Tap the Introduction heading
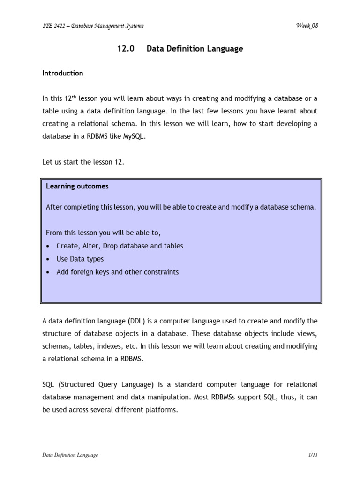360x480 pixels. pyautogui.click(x=62, y=73)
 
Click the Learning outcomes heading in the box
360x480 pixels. pyautogui.click(x=77, y=186)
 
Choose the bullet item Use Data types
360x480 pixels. pyautogui.click(x=80, y=259)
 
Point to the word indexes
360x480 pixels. pyautogui.click(x=112, y=346)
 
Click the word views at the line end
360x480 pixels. pyautogui.click(x=307, y=334)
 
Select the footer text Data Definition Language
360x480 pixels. pyautogui.click(x=70, y=455)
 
